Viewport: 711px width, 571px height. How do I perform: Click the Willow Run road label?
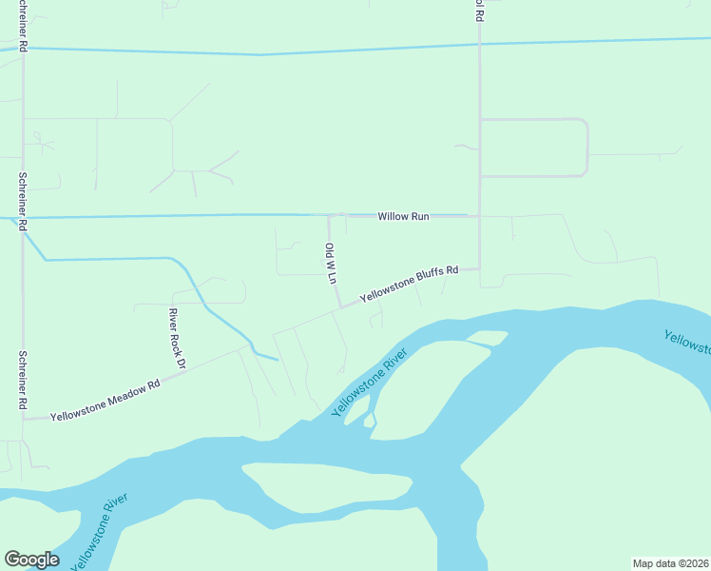pos(403,217)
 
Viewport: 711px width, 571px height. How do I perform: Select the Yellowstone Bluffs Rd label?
pos(409,284)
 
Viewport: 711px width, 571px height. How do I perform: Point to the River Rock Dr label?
pos(176,339)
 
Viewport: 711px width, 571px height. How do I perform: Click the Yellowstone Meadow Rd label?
pos(105,402)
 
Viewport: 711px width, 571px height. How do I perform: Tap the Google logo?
pos(31,560)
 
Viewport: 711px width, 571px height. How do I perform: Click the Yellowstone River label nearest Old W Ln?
pos(369,383)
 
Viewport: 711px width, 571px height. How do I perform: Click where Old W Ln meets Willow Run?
pos(329,216)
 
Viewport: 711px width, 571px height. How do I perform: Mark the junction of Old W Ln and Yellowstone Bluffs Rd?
pos(340,306)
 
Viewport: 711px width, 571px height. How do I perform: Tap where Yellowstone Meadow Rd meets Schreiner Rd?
pos(24,418)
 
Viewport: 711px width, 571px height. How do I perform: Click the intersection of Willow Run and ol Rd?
pos(479,216)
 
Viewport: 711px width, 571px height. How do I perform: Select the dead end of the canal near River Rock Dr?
pos(278,360)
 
